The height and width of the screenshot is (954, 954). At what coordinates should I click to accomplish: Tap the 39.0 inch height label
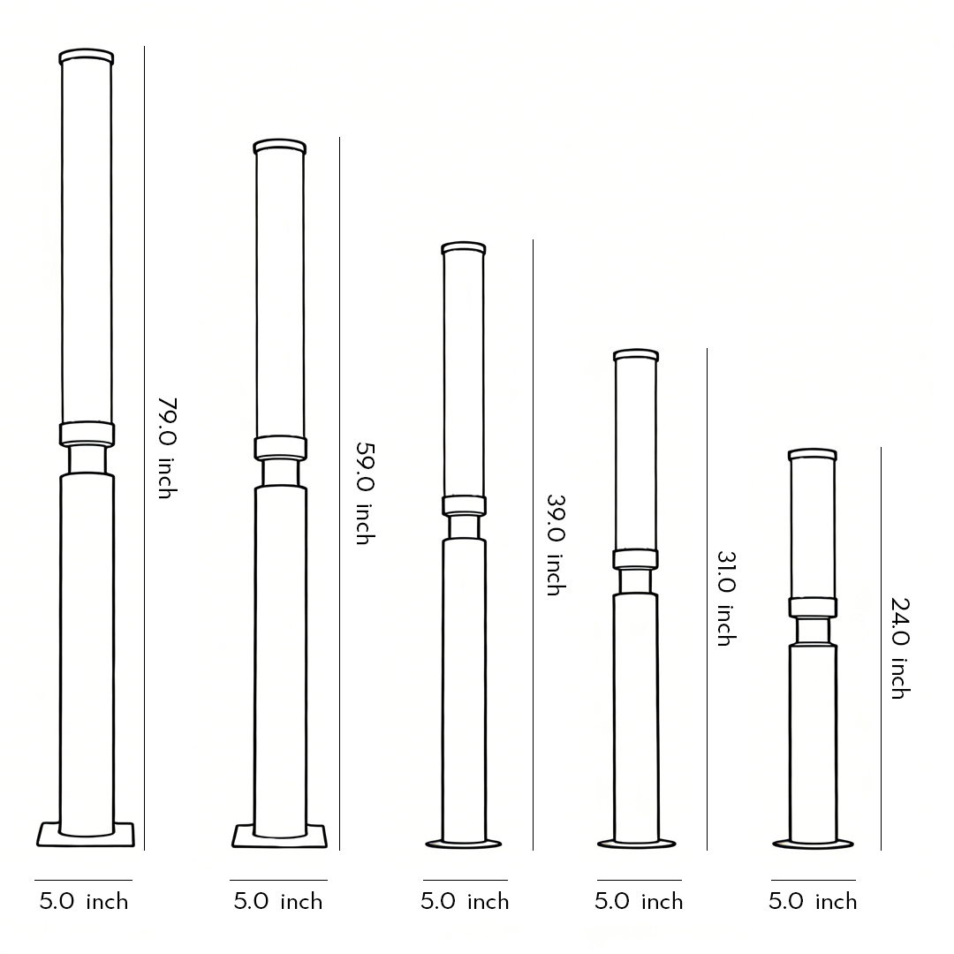[555, 544]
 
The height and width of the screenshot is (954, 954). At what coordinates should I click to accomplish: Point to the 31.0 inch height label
[725, 598]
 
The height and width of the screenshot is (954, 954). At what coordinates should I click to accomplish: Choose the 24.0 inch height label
[899, 648]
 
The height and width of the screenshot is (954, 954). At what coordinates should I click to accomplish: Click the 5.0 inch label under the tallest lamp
[84, 902]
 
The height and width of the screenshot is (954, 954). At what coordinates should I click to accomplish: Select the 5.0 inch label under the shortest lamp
[813, 902]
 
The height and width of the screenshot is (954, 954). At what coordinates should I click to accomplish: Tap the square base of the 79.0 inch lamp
[86, 835]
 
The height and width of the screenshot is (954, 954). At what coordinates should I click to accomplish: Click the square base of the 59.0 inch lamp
[279, 836]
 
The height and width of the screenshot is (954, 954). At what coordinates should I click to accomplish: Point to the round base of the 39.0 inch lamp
[464, 844]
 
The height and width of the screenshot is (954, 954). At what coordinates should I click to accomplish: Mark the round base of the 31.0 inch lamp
[637, 844]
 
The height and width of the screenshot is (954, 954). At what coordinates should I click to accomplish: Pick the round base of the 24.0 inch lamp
[813, 844]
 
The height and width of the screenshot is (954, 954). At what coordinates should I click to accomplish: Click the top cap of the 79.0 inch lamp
[87, 57]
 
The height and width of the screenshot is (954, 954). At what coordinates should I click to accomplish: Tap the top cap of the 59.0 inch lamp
[280, 147]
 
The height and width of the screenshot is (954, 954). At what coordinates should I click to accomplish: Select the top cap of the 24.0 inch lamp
[813, 455]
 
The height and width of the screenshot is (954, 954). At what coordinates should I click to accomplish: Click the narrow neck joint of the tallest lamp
[87, 459]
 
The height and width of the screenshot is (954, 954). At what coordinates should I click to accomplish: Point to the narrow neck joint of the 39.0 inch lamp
[464, 527]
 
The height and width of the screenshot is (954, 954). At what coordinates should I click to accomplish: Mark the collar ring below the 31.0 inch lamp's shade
[636, 559]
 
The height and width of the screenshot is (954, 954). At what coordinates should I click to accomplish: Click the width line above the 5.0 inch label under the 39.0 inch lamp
[465, 880]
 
